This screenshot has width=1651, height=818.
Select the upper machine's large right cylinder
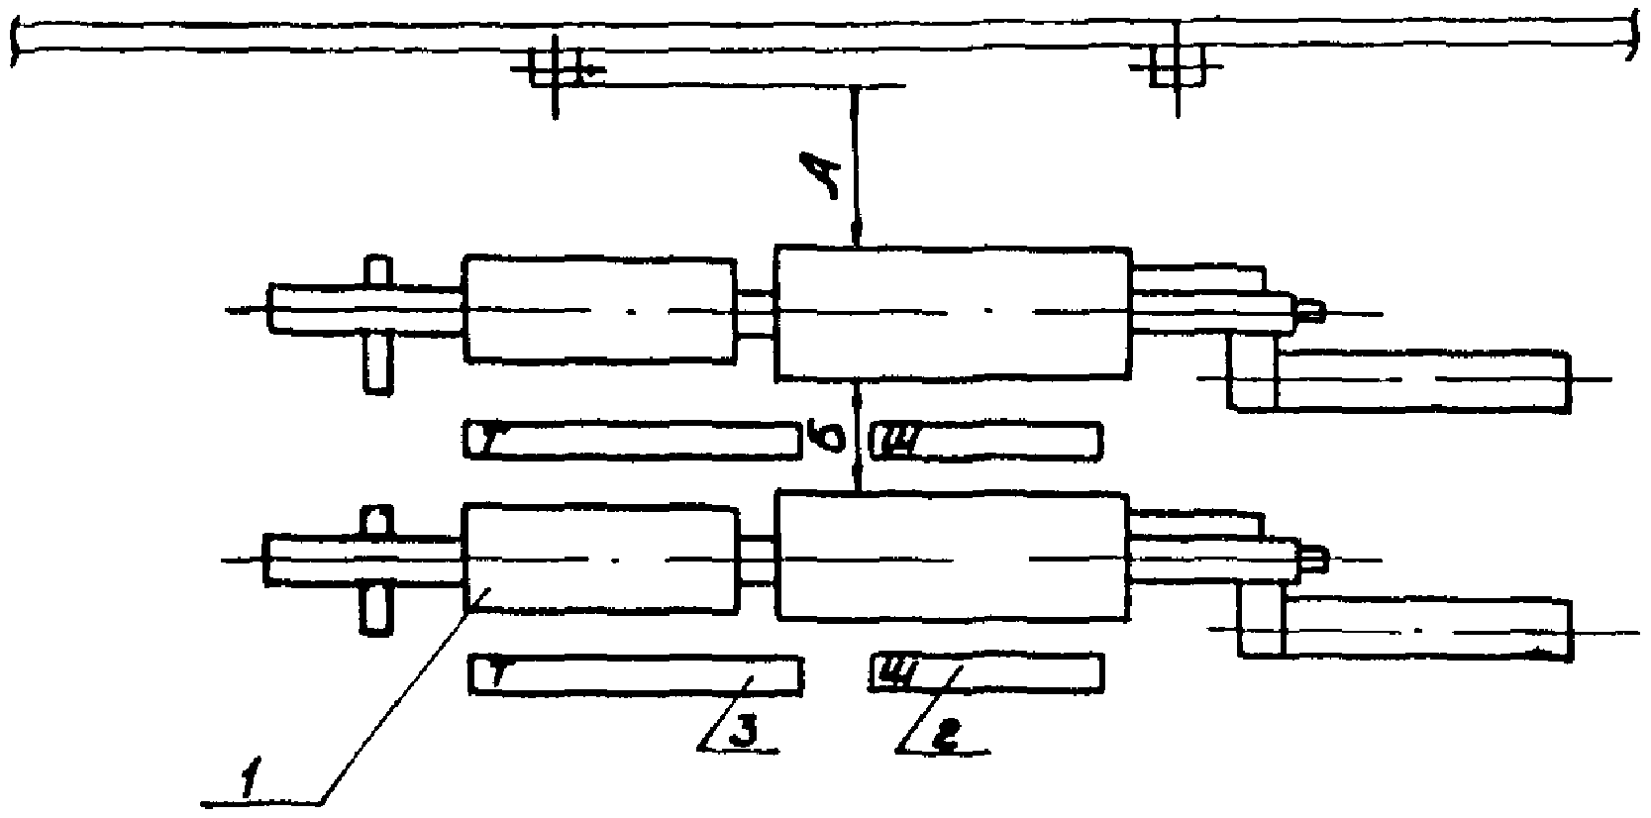[952, 313]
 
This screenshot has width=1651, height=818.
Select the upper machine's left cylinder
[599, 309]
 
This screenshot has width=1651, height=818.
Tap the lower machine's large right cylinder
[952, 558]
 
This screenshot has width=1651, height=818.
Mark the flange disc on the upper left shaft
[377, 324]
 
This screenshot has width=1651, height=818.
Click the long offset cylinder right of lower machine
[1426, 627]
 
